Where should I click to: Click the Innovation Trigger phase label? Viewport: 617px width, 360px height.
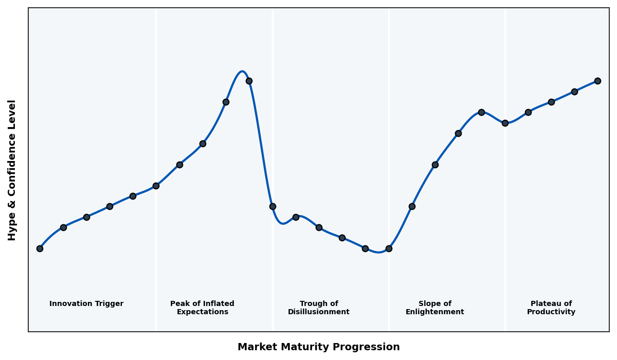click(x=86, y=304)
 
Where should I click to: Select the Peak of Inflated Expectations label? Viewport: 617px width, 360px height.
click(x=202, y=308)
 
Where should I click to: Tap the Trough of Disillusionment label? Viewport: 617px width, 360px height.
click(x=319, y=308)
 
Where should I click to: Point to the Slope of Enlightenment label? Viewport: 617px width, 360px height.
click(x=435, y=308)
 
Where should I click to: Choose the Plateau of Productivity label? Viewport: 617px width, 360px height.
click(x=551, y=308)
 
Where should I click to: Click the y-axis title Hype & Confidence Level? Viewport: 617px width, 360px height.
click(x=12, y=170)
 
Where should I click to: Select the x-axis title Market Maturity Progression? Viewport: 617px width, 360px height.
click(x=319, y=347)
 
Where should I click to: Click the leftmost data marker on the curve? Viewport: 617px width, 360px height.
click(x=40, y=248)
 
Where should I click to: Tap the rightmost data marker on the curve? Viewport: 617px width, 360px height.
click(x=597, y=81)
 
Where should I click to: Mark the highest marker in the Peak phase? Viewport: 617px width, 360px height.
click(x=249, y=81)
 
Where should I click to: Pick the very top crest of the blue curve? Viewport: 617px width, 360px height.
click(x=242, y=71)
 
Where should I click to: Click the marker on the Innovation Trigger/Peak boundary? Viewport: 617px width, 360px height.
click(x=156, y=186)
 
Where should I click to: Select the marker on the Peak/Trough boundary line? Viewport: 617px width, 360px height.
click(x=273, y=206)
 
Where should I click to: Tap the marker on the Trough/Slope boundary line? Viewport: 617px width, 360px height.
click(x=389, y=248)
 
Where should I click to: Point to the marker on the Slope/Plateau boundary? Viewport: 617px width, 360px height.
click(x=505, y=123)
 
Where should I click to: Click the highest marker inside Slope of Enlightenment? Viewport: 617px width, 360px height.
click(x=481, y=112)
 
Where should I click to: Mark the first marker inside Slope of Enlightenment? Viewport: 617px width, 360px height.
click(x=412, y=206)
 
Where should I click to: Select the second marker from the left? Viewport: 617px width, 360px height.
click(x=63, y=227)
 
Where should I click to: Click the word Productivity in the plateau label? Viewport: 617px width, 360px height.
click(x=551, y=312)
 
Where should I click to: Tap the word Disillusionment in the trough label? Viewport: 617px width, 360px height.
click(x=319, y=312)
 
